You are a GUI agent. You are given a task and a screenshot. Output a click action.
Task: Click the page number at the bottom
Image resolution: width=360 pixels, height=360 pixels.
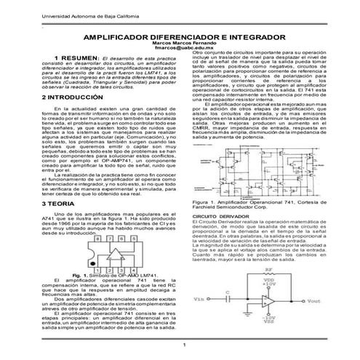[185, 344]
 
